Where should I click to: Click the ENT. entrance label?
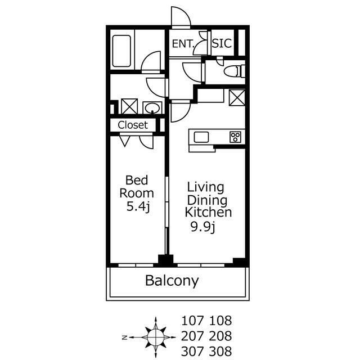pos(183,44)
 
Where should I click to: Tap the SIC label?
pos(222,43)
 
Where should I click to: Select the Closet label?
pos(133,125)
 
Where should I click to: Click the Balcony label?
pos(172,281)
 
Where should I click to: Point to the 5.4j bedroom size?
pos(138,207)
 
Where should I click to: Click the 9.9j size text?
pos(202,227)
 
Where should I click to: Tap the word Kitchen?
pos(208,213)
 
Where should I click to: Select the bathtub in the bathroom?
pos(121,51)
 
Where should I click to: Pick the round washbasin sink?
pos(152,108)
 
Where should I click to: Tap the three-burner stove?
pos(235,137)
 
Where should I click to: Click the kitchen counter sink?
pos(201,137)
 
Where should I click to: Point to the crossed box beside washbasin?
pos(129,106)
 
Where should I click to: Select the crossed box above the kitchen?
pos(237,97)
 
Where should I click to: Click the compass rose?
pos(156,337)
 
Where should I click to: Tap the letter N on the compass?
pos(125,337)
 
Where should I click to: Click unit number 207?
pos(192,336)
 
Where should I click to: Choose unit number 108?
pos(220,321)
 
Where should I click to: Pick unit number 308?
pos(220,351)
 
